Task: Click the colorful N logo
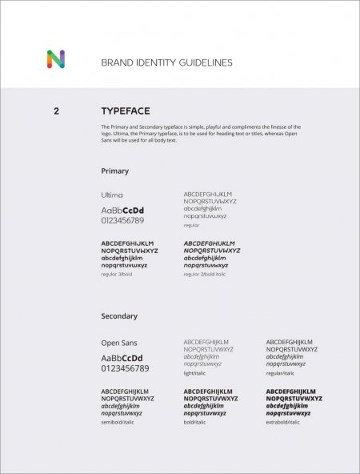coord(55,59)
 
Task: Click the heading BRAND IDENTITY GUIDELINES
coord(166,62)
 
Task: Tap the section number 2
coord(56,111)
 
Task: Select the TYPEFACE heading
coord(125,111)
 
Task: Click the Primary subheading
coord(114,171)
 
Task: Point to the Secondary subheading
coord(119,316)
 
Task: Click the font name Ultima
coord(112,195)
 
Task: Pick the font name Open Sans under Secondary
coord(119,343)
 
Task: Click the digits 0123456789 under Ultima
coord(122,220)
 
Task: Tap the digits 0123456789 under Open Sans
coord(125,368)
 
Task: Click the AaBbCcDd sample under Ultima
coord(122,210)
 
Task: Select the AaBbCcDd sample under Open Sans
coord(122,357)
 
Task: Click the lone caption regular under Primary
coord(192,225)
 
